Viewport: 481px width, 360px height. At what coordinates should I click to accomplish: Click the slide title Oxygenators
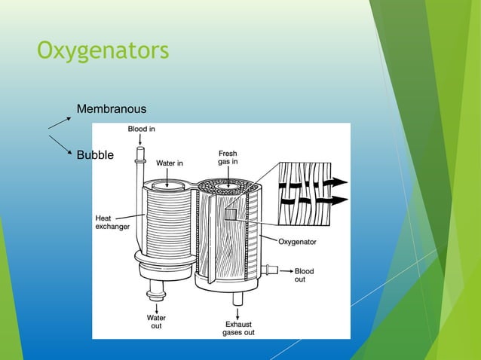[103, 52]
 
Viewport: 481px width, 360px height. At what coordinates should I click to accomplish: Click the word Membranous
[112, 111]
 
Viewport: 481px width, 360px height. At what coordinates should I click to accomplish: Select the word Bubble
[95, 155]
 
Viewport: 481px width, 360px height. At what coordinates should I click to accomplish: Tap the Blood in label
[141, 129]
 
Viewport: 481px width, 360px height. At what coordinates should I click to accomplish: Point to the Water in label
[170, 163]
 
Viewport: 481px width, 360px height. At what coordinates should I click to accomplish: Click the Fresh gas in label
[228, 158]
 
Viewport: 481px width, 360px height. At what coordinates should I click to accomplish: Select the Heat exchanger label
[112, 222]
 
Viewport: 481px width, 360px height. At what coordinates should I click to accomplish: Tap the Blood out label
[304, 275]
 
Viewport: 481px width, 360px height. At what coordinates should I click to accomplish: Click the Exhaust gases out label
[238, 328]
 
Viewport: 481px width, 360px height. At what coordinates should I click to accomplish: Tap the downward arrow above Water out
[155, 302]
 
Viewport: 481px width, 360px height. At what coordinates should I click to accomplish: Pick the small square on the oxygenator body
[230, 215]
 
